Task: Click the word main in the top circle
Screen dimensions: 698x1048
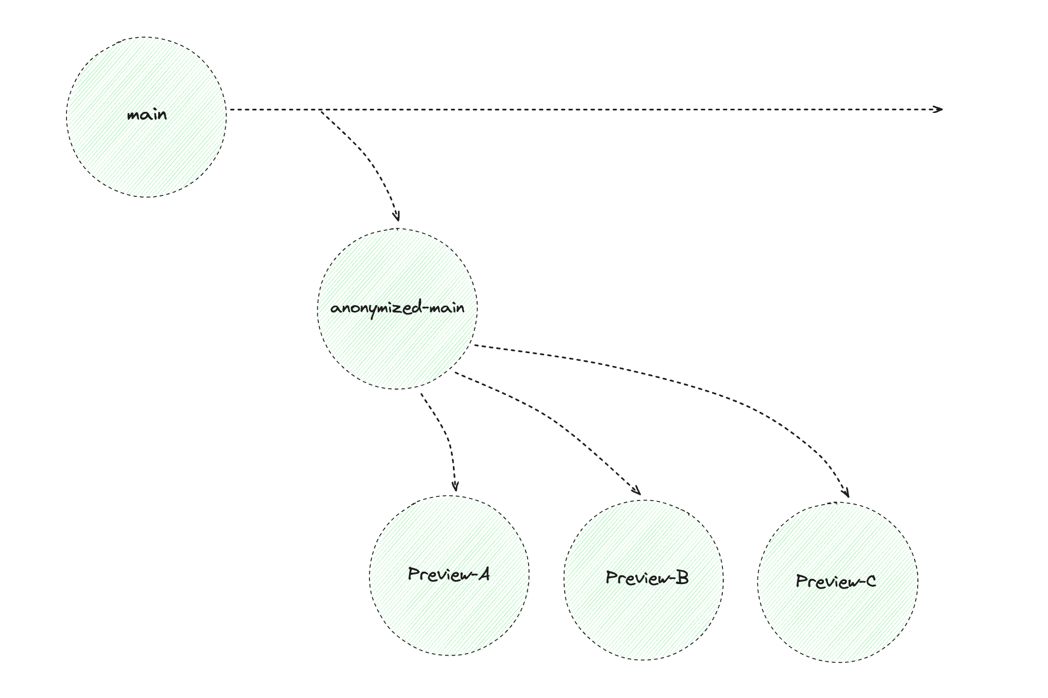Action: (x=147, y=114)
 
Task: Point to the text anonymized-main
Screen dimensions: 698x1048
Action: (x=397, y=308)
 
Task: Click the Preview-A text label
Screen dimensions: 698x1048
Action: (x=449, y=574)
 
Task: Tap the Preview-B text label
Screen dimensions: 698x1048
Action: (x=647, y=578)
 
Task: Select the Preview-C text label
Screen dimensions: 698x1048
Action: (x=836, y=581)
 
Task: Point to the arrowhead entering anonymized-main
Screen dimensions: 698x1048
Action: (x=396, y=217)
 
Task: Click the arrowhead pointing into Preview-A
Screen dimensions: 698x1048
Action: (x=455, y=486)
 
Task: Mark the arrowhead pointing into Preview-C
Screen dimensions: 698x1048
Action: (x=845, y=493)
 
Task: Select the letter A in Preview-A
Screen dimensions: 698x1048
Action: (x=483, y=573)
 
